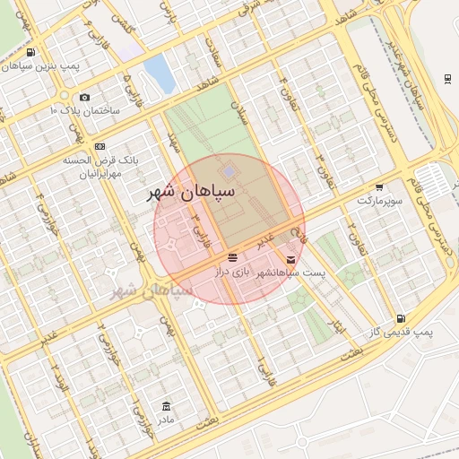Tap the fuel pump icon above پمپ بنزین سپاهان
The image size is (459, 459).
(x=32, y=53)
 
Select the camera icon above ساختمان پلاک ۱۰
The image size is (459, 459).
(x=84, y=97)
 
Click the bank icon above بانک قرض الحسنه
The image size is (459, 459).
(x=100, y=146)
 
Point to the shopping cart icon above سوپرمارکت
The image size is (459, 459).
(x=379, y=187)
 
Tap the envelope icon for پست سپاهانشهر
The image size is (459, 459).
(x=290, y=259)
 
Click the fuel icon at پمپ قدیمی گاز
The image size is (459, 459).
(x=400, y=318)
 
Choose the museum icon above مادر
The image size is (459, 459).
(x=165, y=406)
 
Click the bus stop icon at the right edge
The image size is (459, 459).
(x=447, y=78)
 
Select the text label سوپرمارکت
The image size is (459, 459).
(x=376, y=200)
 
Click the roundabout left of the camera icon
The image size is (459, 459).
(x=65, y=95)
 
